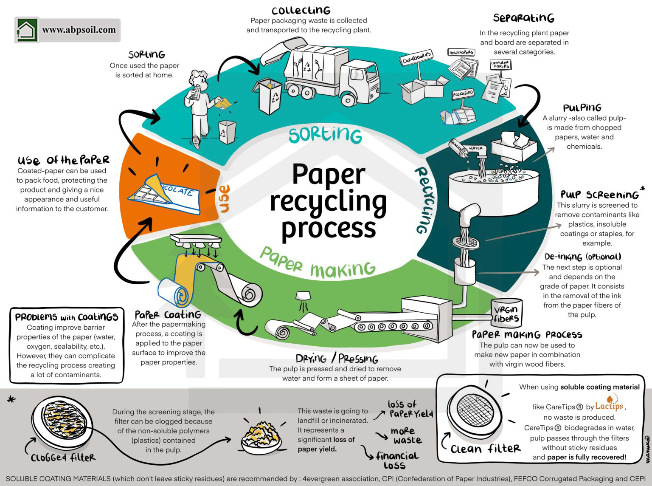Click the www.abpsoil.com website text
click(x=79, y=30)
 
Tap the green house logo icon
click(x=27, y=30)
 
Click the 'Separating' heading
click(x=523, y=18)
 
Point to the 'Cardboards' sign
click(x=416, y=59)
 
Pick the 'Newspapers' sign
click(x=461, y=53)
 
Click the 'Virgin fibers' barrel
click(x=506, y=314)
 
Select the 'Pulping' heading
click(x=582, y=107)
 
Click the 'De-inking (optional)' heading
click(x=582, y=257)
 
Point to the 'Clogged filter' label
click(x=63, y=458)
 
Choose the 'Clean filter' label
click(x=485, y=449)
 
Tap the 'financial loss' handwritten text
click(x=397, y=461)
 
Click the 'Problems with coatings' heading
click(x=67, y=317)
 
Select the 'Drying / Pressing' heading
click(x=337, y=358)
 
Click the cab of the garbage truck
click(x=361, y=78)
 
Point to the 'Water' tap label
click(x=475, y=149)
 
